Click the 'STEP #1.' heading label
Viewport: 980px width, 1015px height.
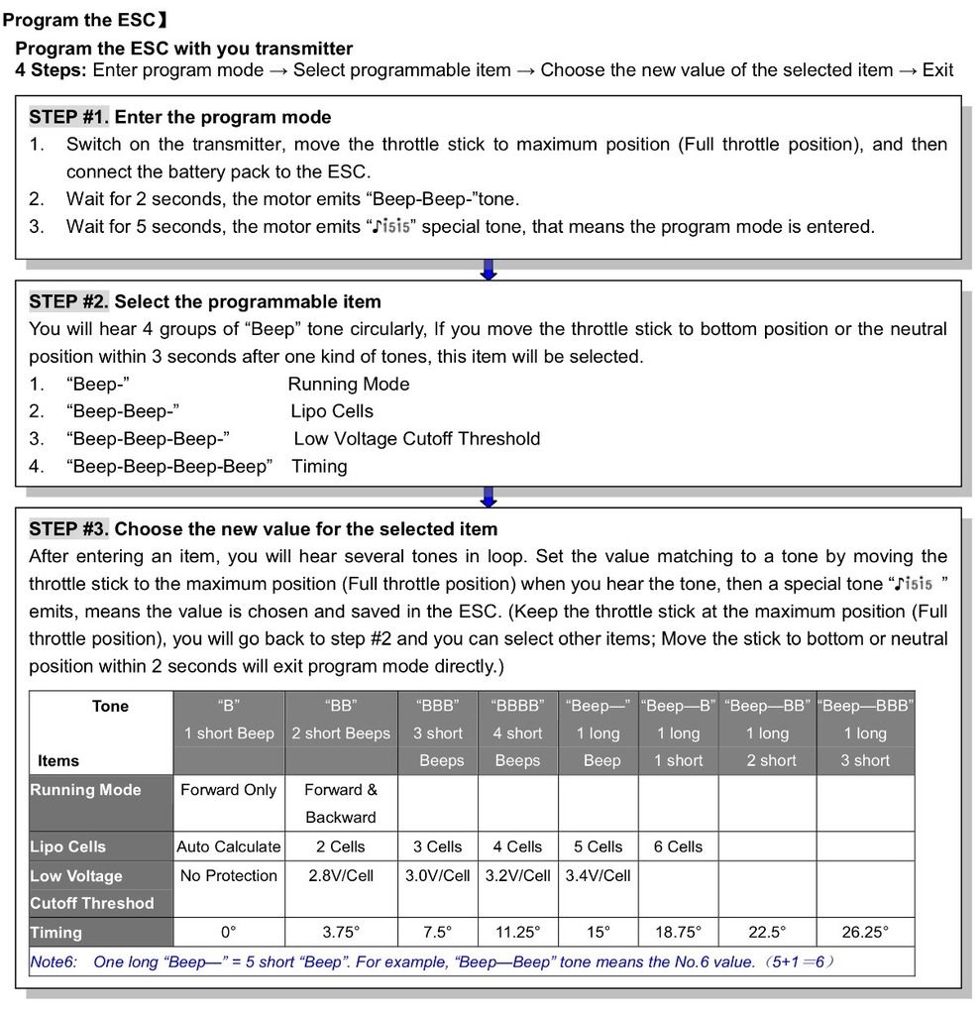click(69, 117)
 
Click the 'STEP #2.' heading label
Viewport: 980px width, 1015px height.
click(69, 301)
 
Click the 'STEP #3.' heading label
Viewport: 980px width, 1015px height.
click(69, 528)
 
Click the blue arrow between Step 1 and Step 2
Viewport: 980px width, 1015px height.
click(488, 270)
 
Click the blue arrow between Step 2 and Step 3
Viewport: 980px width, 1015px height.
click(488, 496)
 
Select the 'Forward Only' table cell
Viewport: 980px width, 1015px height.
click(229, 790)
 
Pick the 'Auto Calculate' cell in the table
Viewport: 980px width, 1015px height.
click(229, 846)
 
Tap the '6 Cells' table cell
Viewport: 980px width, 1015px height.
click(678, 846)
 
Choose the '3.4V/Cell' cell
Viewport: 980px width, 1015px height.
click(598, 875)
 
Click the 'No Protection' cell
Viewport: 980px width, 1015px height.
click(229, 875)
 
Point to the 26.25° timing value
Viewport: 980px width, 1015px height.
click(865, 932)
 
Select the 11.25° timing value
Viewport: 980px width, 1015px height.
click(517, 932)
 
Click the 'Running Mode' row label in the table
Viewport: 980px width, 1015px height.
click(86, 790)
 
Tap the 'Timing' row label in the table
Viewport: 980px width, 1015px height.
click(56, 932)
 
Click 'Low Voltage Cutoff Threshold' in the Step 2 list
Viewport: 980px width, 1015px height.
click(416, 438)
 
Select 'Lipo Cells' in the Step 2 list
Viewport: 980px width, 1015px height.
click(332, 411)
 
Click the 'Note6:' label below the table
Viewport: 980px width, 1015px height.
click(55, 961)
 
